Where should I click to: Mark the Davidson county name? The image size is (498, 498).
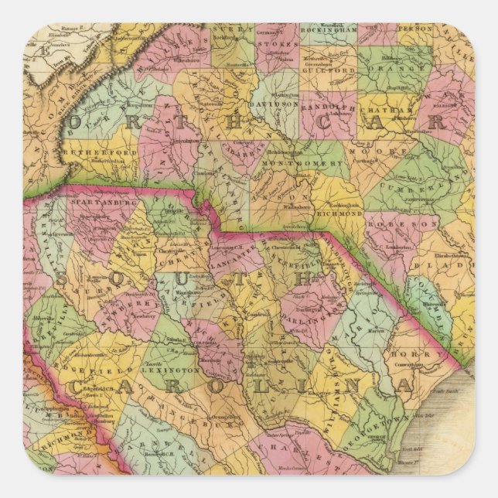[275, 103]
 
